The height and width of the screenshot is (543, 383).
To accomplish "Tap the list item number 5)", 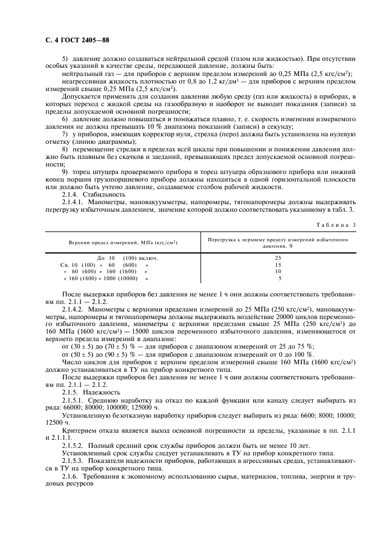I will pyautogui.click(x=65, y=59).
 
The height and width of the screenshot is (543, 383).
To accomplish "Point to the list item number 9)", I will pyautogui.click(x=65, y=172).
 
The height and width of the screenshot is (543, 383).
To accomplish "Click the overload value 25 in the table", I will pyautogui.click(x=278, y=258).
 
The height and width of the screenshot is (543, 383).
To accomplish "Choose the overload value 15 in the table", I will pyautogui.click(x=278, y=264).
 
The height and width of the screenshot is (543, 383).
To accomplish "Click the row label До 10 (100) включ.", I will pyautogui.click(x=127, y=258).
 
